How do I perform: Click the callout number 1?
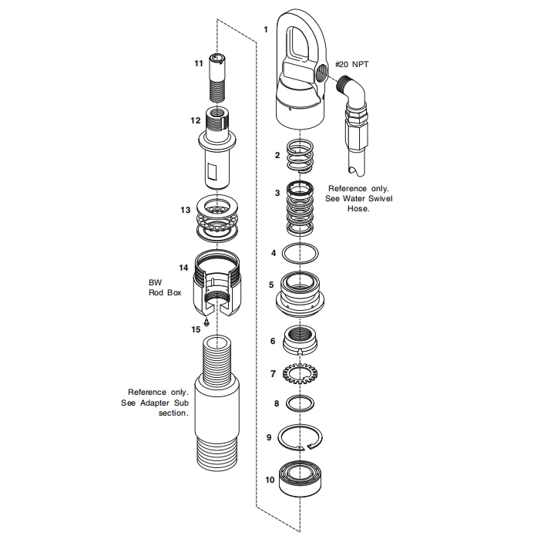(265, 30)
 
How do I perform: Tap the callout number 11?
(198, 63)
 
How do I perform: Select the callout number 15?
(196, 329)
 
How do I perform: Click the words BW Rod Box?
(160, 288)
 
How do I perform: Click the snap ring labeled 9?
(302, 439)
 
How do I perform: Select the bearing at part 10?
(301, 478)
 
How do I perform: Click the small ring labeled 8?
(301, 403)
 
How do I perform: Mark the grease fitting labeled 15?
(207, 321)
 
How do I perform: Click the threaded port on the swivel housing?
(319, 73)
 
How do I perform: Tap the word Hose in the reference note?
(358, 208)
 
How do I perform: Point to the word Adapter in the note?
(158, 402)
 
